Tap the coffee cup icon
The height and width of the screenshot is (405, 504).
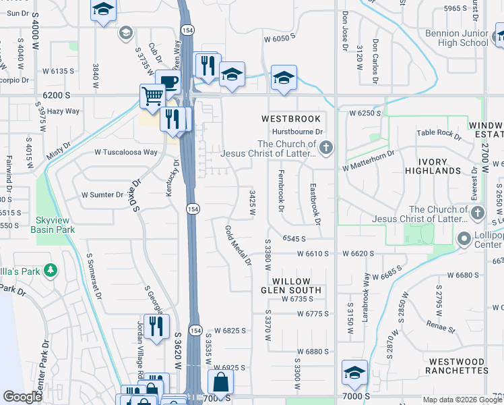[168, 82]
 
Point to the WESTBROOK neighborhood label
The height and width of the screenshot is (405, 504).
[291, 119]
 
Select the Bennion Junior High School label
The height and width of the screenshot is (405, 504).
[457, 38]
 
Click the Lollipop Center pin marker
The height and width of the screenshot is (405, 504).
[463, 240]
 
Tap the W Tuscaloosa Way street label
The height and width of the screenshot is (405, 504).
[126, 153]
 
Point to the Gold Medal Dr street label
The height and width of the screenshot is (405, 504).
[238, 244]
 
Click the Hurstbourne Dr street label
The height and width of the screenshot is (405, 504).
[298, 132]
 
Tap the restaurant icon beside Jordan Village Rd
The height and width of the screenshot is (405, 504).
[156, 326]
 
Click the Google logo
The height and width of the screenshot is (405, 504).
[23, 397]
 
